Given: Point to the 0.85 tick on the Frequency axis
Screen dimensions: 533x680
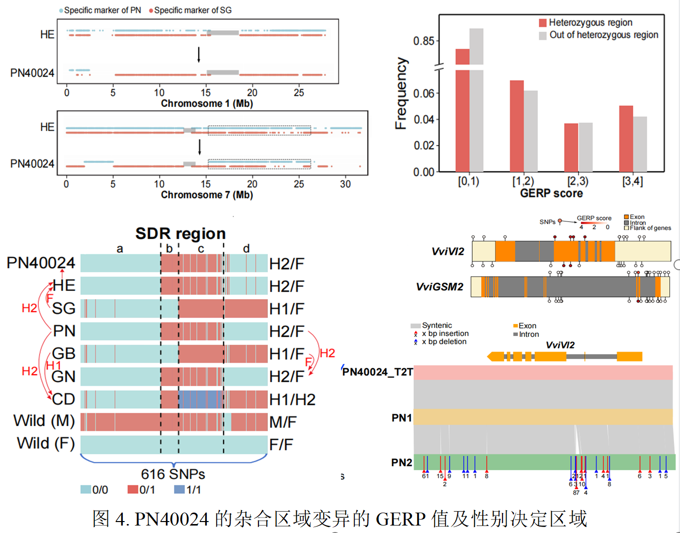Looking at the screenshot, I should tap(424, 41).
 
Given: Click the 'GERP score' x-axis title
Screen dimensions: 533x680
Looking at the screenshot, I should tap(551, 193).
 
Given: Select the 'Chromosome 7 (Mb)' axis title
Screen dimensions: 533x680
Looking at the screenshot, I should tap(207, 195).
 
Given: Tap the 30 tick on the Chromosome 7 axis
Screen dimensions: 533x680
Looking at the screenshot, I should tap(345, 184).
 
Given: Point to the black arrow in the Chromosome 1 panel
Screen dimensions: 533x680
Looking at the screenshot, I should tap(199, 54).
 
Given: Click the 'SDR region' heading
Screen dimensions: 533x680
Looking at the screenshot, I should tap(180, 233).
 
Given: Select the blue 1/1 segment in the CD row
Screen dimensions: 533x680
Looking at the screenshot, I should tap(200, 399).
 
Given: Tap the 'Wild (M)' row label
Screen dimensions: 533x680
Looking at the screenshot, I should tap(44, 421).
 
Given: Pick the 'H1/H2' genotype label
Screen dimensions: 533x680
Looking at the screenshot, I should tap(292, 400).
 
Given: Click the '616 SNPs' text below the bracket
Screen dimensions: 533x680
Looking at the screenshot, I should tap(173, 474).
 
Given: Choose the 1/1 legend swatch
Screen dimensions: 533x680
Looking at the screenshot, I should tap(179, 490).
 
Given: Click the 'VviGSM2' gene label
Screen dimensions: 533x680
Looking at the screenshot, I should tap(439, 287).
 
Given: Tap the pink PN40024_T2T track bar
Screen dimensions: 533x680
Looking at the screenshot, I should tap(543, 372).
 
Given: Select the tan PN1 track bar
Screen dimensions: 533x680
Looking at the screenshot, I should tap(543, 417).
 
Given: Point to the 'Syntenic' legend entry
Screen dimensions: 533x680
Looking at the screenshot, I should tap(437, 325).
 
